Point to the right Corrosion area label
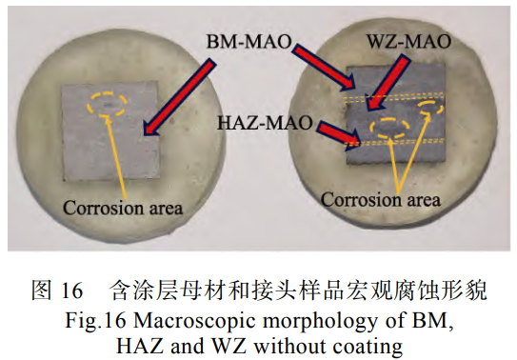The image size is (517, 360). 380,200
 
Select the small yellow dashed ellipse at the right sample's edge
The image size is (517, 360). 433,111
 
